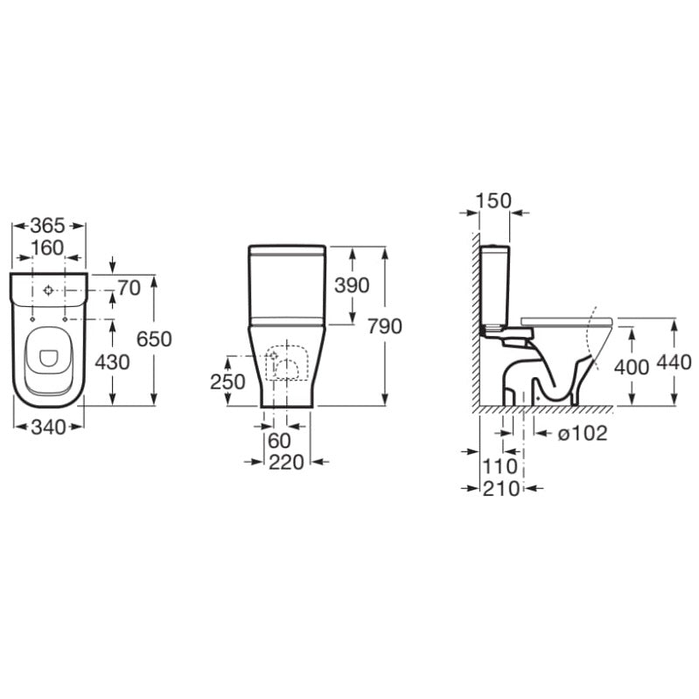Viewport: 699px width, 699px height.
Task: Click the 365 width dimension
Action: coord(48,226)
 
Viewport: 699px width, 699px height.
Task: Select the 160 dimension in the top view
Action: coord(48,248)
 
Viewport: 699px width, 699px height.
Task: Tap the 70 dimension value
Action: coord(129,288)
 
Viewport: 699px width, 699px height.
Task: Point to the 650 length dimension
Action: coord(154,339)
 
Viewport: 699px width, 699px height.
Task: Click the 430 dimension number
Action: coord(112,362)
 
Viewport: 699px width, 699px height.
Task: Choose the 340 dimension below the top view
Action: coord(49,428)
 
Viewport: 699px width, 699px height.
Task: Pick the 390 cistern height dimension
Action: coord(353,285)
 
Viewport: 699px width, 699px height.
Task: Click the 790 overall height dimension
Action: coord(385,326)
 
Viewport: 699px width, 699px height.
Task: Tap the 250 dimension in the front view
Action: coord(227,381)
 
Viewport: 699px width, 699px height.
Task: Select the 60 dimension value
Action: coord(279,441)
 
